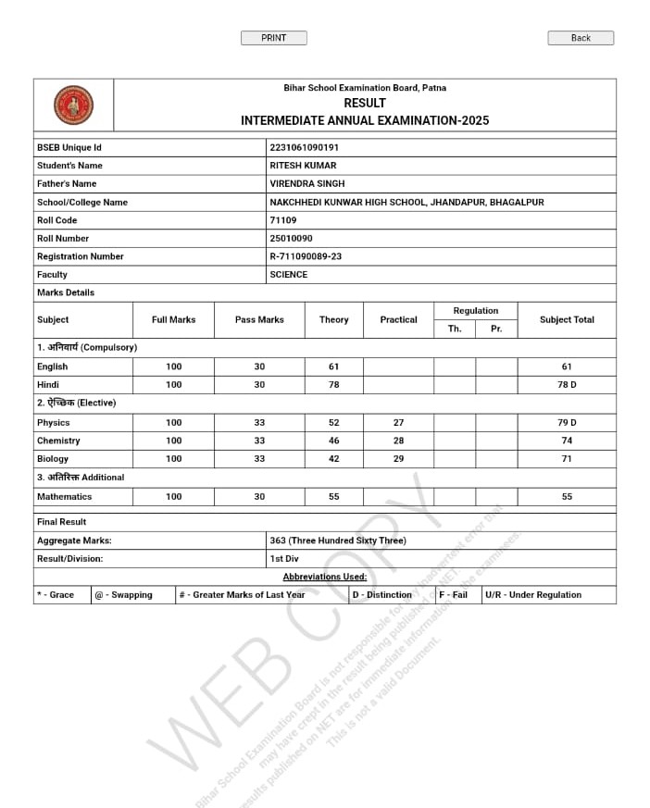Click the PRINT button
click(273, 38)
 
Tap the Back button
click(581, 38)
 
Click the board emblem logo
click(73, 105)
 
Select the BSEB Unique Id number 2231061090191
click(304, 147)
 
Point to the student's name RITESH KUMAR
click(303, 166)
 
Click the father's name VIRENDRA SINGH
click(306, 183)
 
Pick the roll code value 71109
click(282, 220)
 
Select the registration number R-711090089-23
click(306, 256)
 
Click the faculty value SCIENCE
click(288, 274)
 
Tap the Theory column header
click(333, 319)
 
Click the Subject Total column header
click(567, 319)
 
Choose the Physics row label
click(53, 422)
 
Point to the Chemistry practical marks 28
click(398, 441)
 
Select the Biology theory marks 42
click(333, 458)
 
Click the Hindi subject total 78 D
click(567, 384)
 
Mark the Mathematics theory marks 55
click(333, 496)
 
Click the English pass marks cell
click(259, 367)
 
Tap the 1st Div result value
click(283, 558)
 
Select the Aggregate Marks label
click(74, 541)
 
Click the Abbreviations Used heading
click(324, 577)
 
